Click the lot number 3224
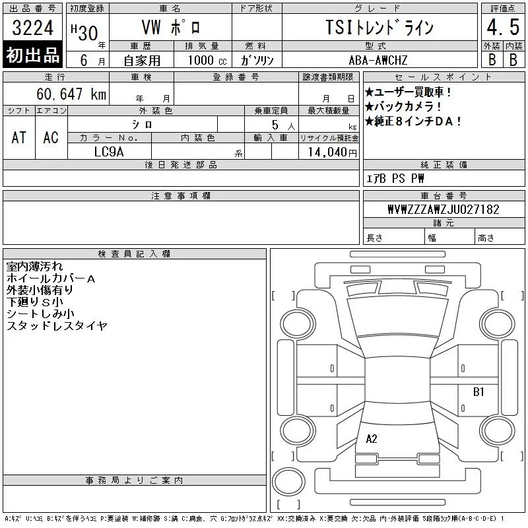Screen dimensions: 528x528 pos(32,28)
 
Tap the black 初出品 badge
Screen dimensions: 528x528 pos(32,55)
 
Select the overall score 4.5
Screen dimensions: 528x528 pos(503,27)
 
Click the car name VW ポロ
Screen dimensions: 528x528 pos(171,27)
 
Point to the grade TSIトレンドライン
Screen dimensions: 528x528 pos(379,27)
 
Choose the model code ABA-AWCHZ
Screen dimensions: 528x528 pos(378,60)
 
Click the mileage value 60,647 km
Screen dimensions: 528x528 pos(71,94)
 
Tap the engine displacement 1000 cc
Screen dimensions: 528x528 pos(207,60)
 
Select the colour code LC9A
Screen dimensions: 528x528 pos(109,152)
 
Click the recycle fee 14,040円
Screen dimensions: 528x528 pos(333,152)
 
